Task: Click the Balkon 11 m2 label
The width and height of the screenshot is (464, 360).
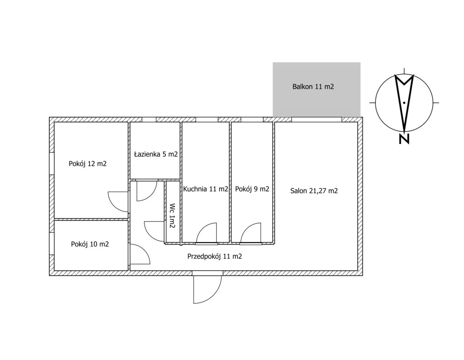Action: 313,86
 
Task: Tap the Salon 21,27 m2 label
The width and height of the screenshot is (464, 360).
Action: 314,191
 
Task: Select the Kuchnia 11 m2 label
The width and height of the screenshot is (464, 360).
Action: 206,189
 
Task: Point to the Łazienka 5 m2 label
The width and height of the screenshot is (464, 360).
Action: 156,154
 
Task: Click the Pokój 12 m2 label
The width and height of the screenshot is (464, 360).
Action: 87,163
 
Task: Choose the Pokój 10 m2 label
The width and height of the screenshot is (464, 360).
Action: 90,244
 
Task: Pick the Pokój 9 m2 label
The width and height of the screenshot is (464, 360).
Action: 252,189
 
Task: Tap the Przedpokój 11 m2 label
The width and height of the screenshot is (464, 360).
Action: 214,256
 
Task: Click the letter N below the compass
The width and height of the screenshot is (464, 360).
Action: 404,139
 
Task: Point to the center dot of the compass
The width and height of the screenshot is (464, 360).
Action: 404,103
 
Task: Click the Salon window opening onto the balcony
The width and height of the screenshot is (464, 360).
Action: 317,120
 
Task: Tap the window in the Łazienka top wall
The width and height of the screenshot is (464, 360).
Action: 149,120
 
